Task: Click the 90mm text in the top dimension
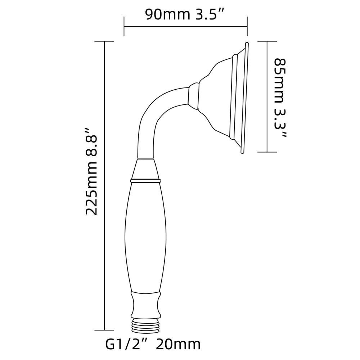[x=168, y=15]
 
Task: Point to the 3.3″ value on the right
[x=280, y=123]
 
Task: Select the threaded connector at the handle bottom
[x=145, y=325]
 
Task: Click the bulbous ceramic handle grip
[x=145, y=237]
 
